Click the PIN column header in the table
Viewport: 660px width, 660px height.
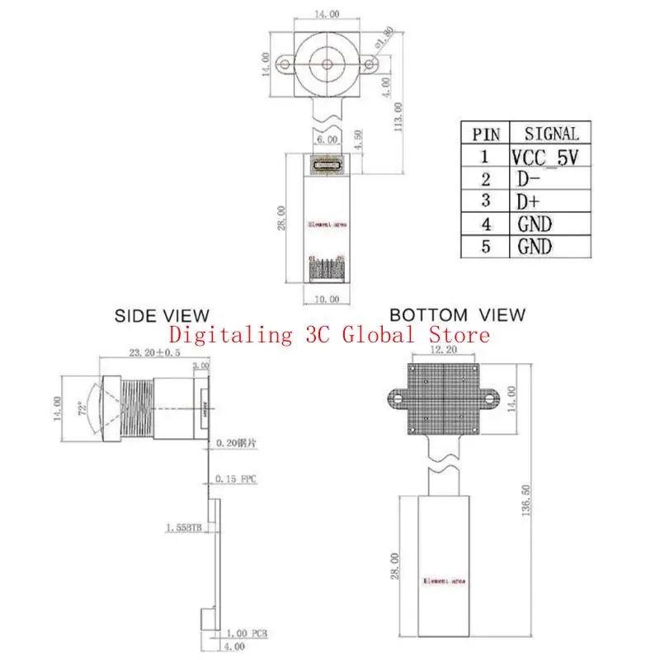click(485, 134)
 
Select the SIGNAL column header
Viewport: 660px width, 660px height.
click(552, 133)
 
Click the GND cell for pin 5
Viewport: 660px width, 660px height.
click(535, 246)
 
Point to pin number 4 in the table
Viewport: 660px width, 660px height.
click(486, 224)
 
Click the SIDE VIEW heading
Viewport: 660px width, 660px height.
click(162, 315)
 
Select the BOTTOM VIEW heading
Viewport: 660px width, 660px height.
click(456, 314)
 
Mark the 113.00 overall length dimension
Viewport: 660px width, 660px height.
click(398, 116)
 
